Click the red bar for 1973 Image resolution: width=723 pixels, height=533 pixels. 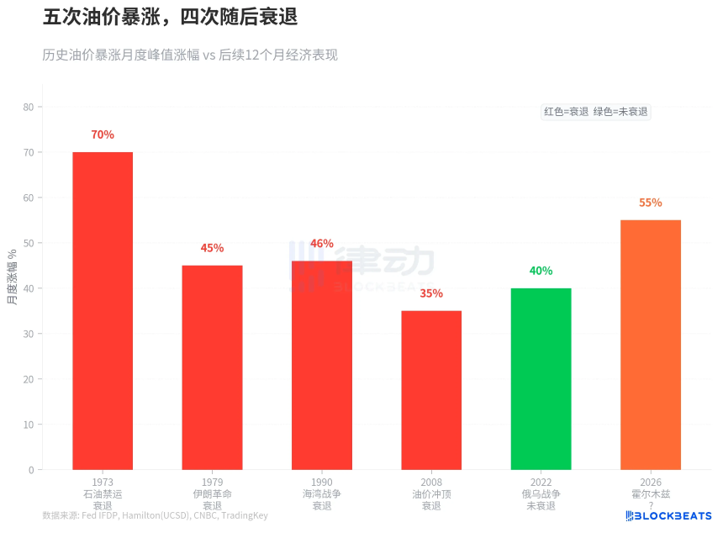103,311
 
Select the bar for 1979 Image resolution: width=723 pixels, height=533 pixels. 212,367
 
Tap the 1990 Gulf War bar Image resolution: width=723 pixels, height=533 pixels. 322,365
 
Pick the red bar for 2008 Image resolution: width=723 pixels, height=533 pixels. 431,390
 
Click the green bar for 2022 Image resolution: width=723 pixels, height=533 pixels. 541,378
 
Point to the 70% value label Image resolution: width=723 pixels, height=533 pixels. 103,135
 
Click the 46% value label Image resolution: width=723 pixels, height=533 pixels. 322,244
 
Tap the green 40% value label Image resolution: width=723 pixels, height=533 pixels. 541,271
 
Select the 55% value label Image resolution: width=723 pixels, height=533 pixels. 651,203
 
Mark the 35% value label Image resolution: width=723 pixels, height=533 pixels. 431,293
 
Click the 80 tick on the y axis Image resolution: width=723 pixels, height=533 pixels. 29,107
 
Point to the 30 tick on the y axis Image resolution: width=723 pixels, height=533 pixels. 29,334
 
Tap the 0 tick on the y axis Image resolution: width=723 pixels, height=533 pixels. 31,470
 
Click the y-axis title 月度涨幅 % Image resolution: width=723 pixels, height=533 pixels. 13,277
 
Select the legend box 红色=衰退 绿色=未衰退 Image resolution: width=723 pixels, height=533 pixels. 596,112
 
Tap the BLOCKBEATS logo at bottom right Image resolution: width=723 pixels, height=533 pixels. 669,515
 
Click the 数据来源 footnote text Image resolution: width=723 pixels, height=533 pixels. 155,515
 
